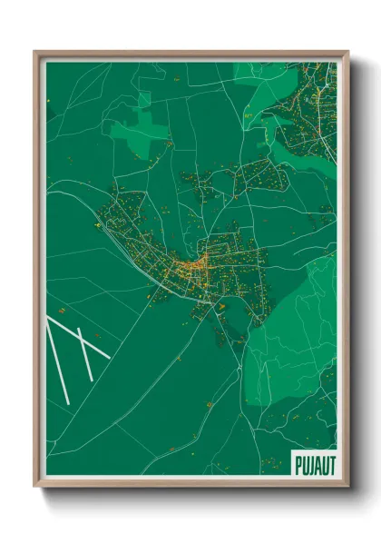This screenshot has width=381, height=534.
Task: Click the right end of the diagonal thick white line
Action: click(x=110, y=357)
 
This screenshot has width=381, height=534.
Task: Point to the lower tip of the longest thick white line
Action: click(x=69, y=402)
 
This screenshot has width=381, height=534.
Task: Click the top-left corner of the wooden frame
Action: click(x=35, y=53)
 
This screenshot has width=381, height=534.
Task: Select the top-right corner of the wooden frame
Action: click(x=347, y=53)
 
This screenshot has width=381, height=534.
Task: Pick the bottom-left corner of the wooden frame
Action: click(x=35, y=486)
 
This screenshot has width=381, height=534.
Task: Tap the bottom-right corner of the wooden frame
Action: click(x=347, y=486)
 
